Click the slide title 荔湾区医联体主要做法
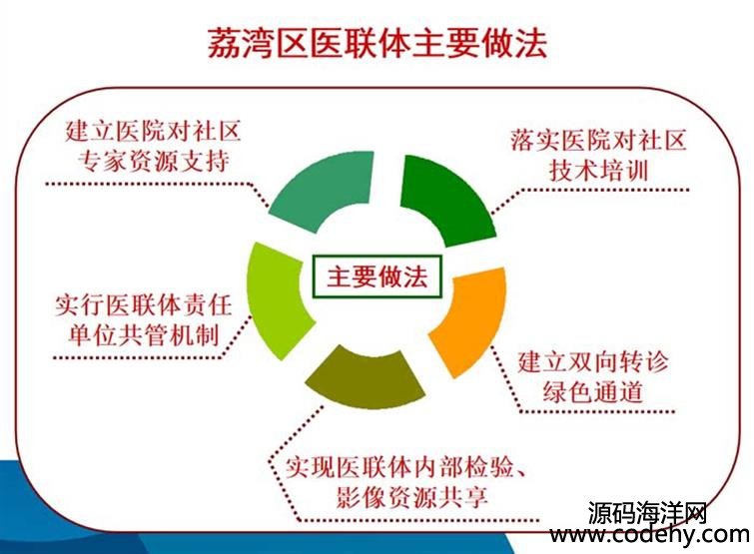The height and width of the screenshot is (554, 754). (x=377, y=44)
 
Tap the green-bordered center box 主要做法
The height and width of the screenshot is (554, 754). (x=377, y=277)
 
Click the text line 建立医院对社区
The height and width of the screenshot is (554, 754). (x=154, y=131)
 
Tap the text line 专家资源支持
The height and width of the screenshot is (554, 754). (x=154, y=161)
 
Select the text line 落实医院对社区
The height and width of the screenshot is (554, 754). (x=598, y=141)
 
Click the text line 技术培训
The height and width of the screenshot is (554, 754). (x=599, y=171)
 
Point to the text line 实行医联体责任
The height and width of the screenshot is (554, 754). (x=143, y=305)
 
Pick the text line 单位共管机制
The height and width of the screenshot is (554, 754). (x=143, y=335)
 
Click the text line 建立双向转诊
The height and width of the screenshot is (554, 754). (x=593, y=361)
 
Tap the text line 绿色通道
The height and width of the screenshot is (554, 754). (x=593, y=391)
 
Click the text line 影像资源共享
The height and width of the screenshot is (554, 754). (x=412, y=497)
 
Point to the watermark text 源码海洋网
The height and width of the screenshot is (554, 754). (x=647, y=513)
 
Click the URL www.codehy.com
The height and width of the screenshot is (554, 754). (x=650, y=534)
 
